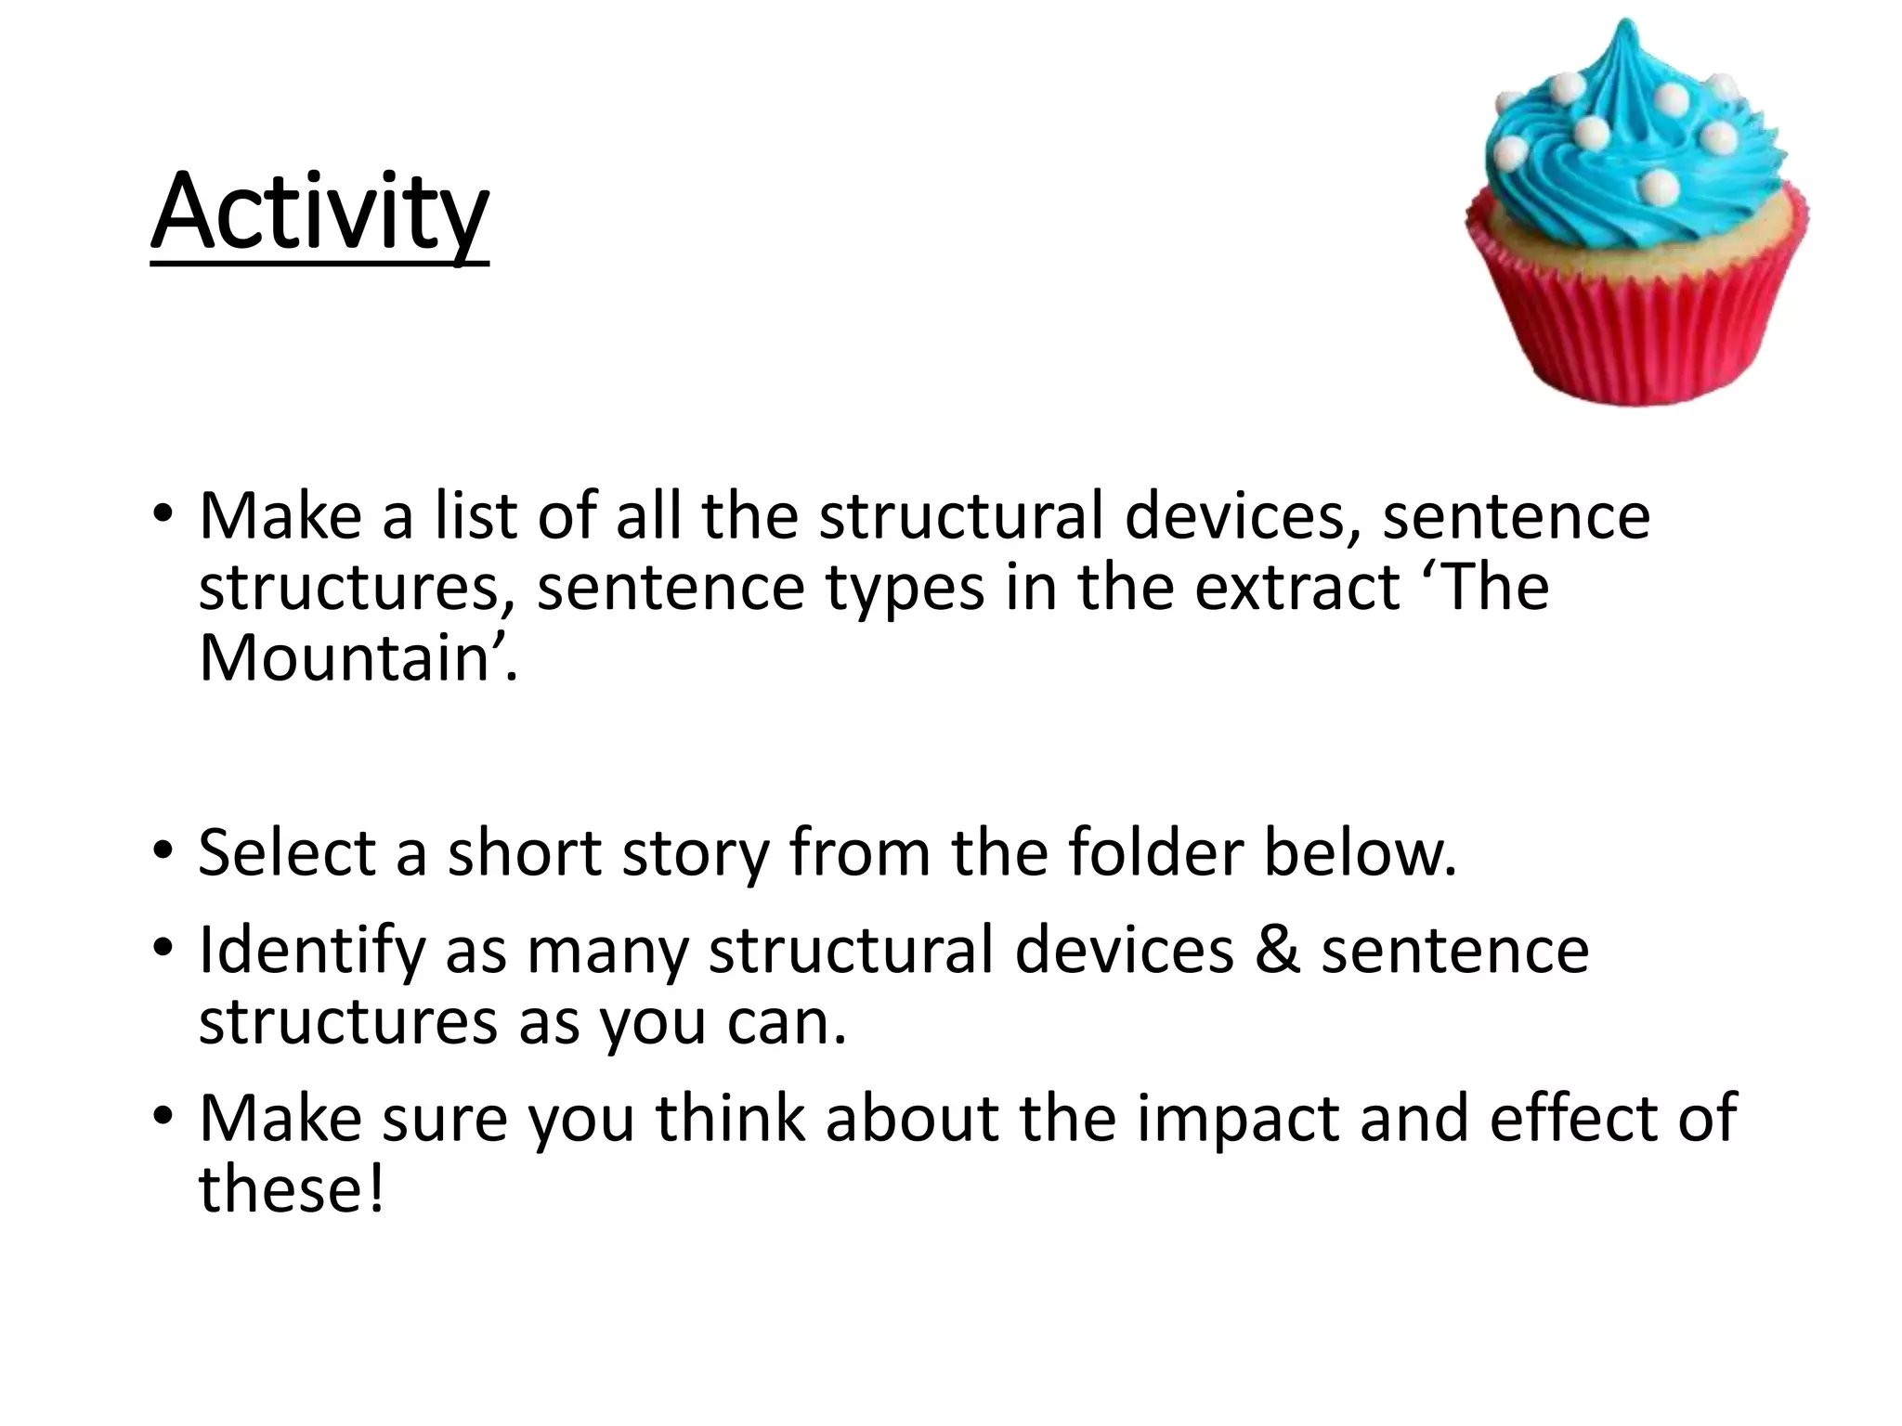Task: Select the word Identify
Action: pyautogui.click(x=311, y=952)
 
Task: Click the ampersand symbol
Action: pyautogui.click(x=1278, y=951)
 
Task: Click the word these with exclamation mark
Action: pyautogui.click(x=290, y=1188)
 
